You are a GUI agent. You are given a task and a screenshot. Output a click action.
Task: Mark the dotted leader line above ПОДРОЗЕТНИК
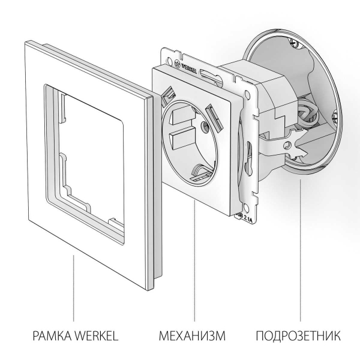pyautogui.click(x=298, y=252)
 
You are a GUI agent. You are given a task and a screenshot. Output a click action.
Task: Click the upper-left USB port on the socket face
pyautogui.click(x=170, y=94)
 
